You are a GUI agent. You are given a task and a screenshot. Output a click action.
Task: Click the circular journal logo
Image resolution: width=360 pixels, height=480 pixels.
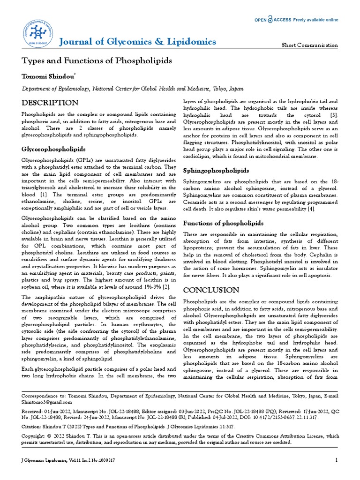(x=38, y=31)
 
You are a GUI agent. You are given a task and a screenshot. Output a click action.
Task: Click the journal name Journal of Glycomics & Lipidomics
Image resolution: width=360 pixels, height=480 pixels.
(x=138, y=42)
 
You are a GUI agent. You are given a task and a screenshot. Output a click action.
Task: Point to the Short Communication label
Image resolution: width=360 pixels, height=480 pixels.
(x=309, y=45)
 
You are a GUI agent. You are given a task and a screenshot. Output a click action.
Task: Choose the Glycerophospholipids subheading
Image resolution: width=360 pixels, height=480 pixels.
(x=54, y=149)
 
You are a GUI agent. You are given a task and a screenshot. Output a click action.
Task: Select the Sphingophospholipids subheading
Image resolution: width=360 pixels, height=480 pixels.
(x=216, y=170)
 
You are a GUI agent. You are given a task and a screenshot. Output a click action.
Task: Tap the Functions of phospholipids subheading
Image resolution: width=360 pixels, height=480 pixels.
(x=223, y=223)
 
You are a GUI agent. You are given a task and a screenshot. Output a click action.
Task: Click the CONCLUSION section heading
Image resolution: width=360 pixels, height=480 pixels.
(x=211, y=290)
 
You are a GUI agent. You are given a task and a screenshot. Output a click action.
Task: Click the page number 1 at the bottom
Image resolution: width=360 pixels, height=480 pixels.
(x=337, y=460)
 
